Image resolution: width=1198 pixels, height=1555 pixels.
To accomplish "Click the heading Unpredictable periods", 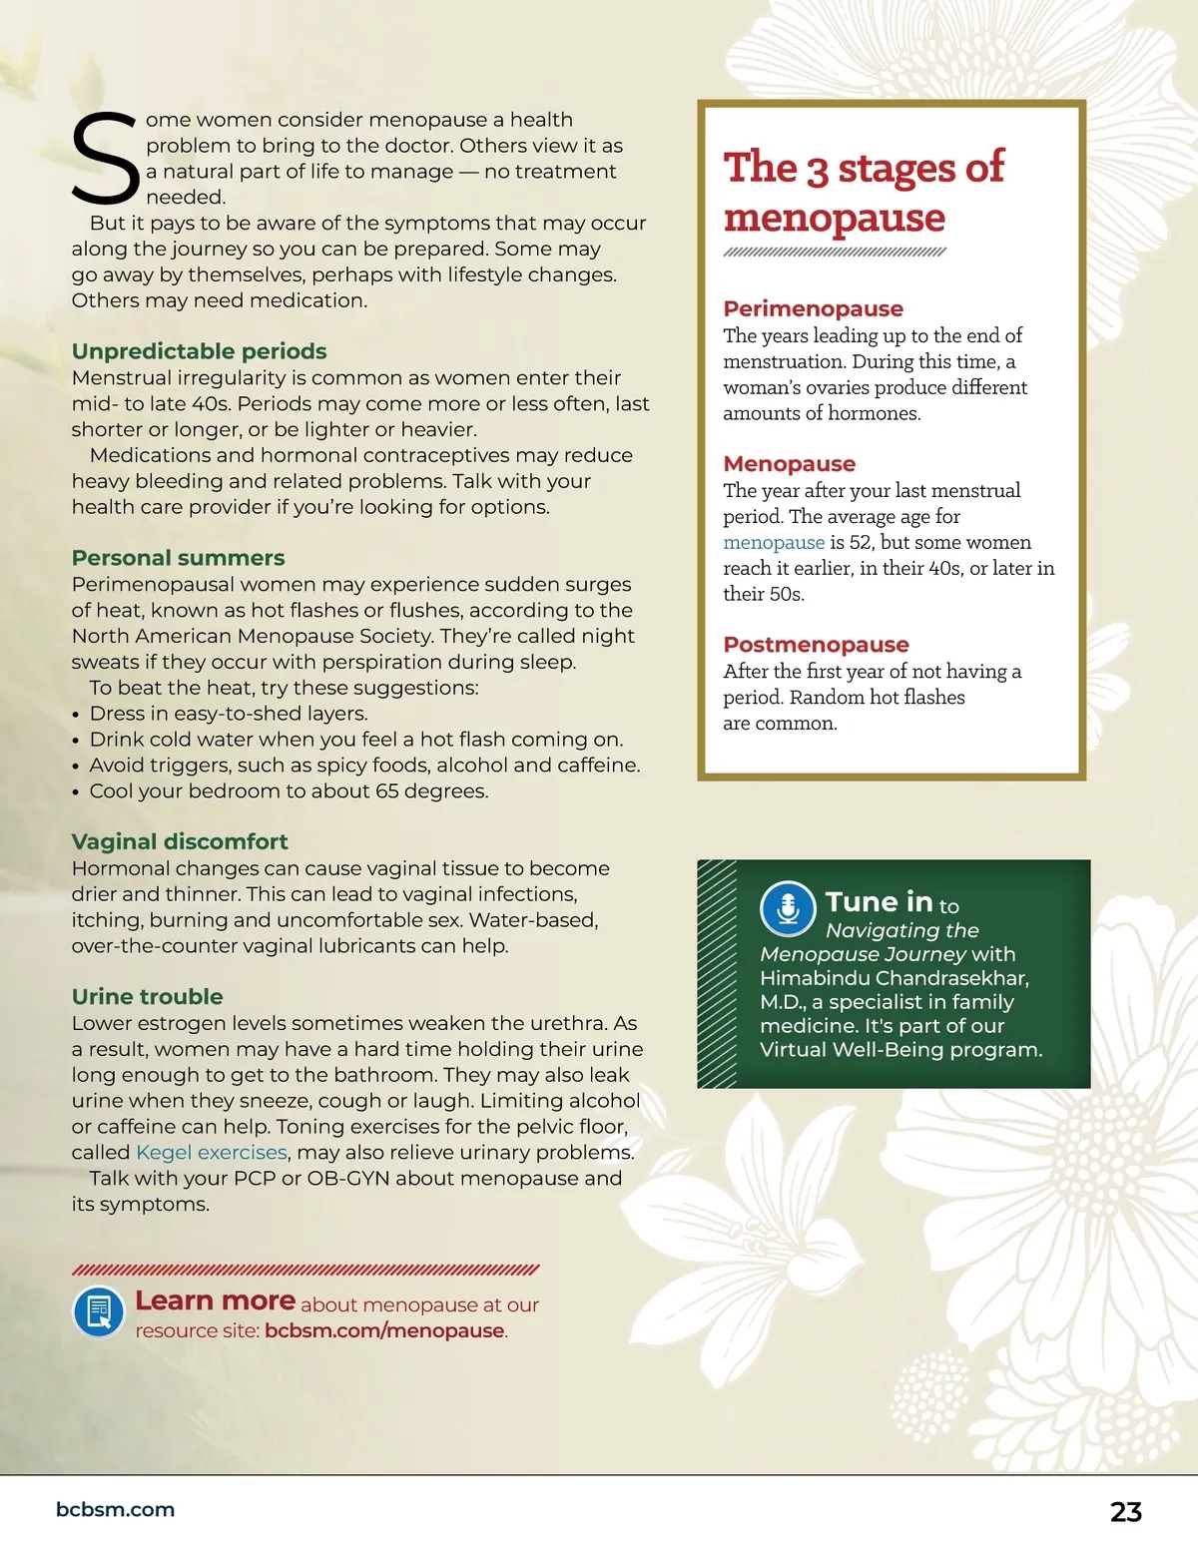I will coord(199,351).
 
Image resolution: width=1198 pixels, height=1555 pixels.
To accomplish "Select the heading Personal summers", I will coord(178,558).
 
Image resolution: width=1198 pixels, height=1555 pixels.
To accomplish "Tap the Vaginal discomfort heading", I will coord(180,841).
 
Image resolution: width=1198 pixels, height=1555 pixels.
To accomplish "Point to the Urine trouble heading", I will coord(147,996).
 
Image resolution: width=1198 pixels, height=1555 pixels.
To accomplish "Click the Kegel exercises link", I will coord(212,1152).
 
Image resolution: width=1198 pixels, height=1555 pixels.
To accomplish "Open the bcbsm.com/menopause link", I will coord(384,1330).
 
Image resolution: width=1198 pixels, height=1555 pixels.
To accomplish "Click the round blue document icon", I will coord(99,1310).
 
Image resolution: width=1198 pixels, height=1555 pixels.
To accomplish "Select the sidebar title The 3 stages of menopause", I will coord(863,192).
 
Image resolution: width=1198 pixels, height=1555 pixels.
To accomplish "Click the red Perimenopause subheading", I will coord(813,308).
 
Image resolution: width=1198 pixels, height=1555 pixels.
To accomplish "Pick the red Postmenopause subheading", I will coord(816,644).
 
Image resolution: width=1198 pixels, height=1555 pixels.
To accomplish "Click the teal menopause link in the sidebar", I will coord(774,542).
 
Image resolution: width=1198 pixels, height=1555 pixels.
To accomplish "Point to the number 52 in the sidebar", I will coord(860,542).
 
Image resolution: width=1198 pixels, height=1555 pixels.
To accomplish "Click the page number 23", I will coord(1125,1511).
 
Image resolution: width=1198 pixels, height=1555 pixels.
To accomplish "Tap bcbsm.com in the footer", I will coord(115,1509).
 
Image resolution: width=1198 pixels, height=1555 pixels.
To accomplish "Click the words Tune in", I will coord(879,902).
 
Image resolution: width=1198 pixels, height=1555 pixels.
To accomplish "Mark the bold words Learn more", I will coord(215,1300).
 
